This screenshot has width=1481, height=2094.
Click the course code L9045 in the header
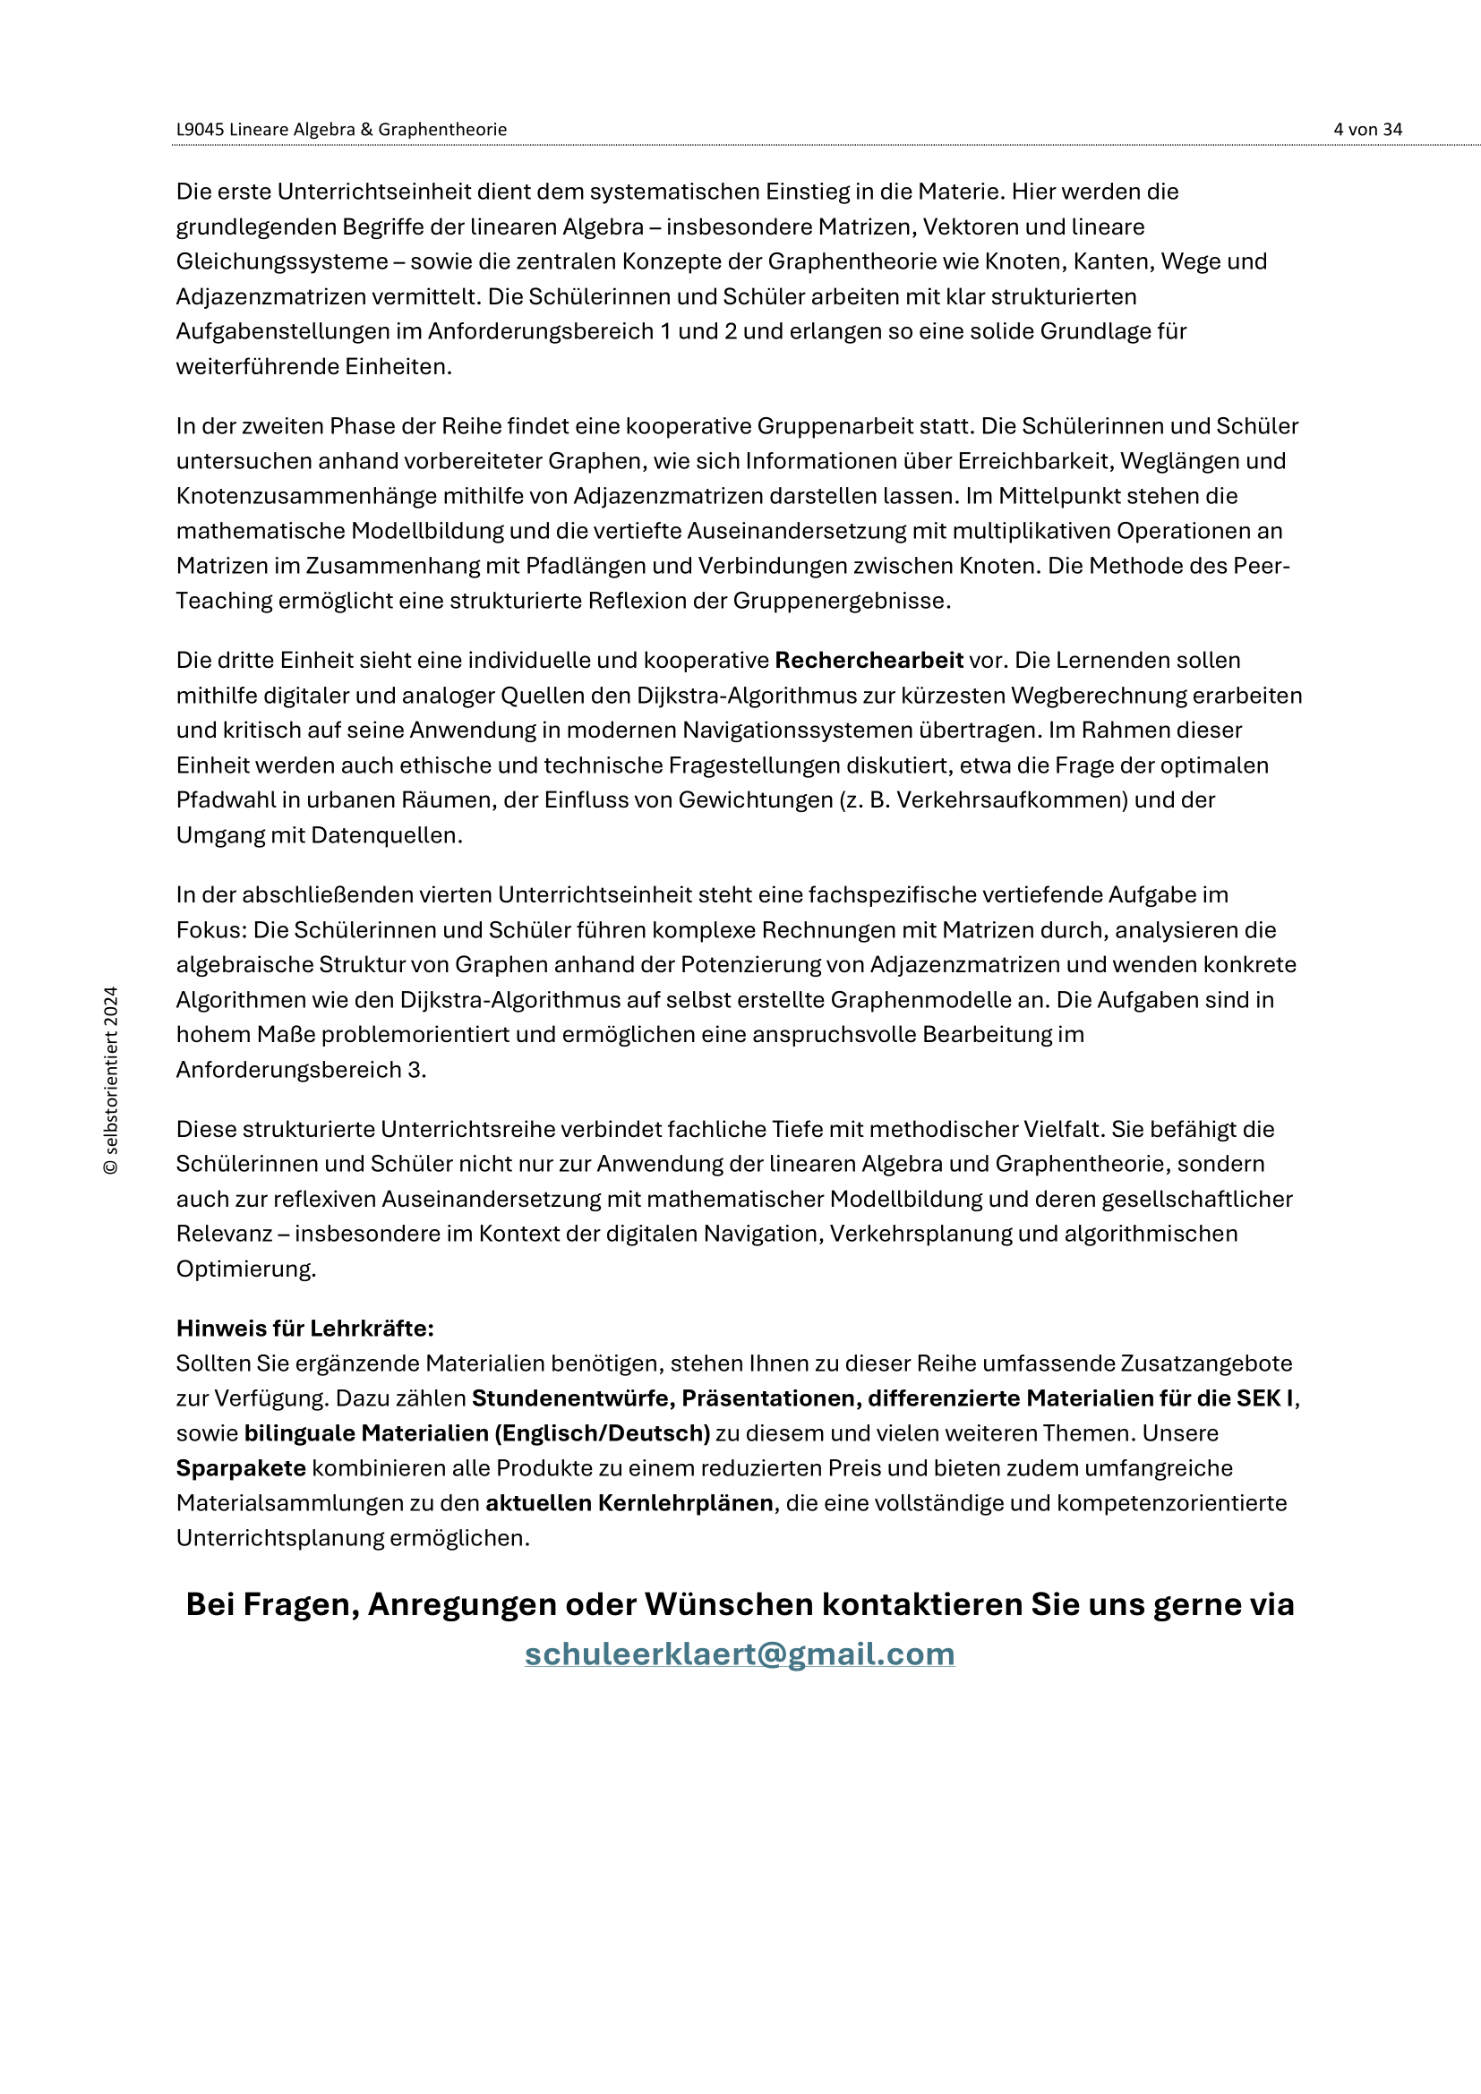200,130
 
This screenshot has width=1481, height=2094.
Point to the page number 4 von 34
1367,130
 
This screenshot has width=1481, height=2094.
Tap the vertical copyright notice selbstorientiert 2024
111,1080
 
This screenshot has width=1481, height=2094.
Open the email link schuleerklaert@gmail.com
740,1654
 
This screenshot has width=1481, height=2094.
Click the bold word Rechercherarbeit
869,661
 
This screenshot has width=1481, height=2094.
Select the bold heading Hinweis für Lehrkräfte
304,1328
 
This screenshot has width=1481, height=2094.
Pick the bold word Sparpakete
241,1468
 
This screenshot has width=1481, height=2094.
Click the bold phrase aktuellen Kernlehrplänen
629,1503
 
